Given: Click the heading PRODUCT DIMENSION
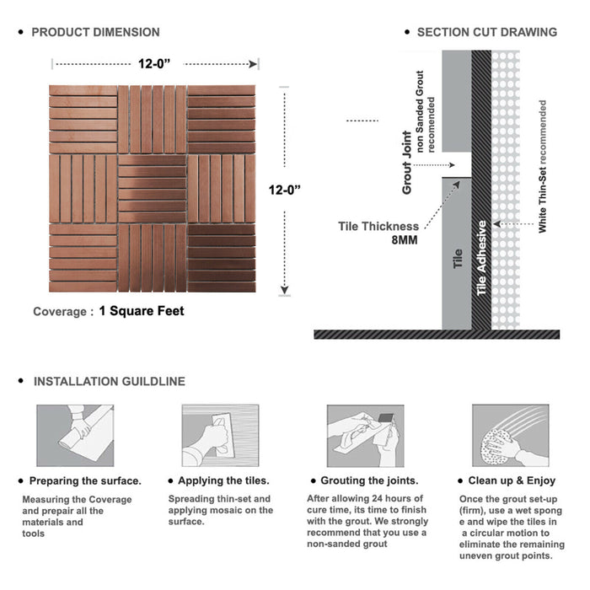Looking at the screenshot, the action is click(x=95, y=32).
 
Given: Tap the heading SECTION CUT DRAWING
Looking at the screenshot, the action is click(x=487, y=32).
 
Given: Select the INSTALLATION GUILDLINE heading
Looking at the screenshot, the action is click(x=110, y=382).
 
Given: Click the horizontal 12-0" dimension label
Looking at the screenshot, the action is click(x=154, y=64).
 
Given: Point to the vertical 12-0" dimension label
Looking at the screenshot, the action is click(x=285, y=190).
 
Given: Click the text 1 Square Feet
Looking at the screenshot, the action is click(x=142, y=311).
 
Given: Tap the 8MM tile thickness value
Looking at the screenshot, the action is click(x=405, y=240).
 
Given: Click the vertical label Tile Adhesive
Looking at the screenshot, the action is click(x=481, y=258).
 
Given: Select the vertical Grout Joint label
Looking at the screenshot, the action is click(x=407, y=163).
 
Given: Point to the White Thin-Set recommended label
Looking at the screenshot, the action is click(x=542, y=166).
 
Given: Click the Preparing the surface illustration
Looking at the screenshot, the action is click(x=75, y=436).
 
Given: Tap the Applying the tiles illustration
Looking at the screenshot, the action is click(x=221, y=436).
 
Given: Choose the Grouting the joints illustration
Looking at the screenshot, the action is click(x=365, y=436).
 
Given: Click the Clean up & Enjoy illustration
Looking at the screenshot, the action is click(x=511, y=436).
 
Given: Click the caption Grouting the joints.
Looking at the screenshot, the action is click(x=369, y=481).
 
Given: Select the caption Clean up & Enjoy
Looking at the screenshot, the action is click(x=512, y=481).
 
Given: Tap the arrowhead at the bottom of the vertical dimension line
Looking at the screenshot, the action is click(x=285, y=290).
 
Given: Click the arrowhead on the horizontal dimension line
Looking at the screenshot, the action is click(x=253, y=64).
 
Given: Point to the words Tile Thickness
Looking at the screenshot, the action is click(x=378, y=227).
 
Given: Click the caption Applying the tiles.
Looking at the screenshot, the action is click(x=223, y=481).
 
